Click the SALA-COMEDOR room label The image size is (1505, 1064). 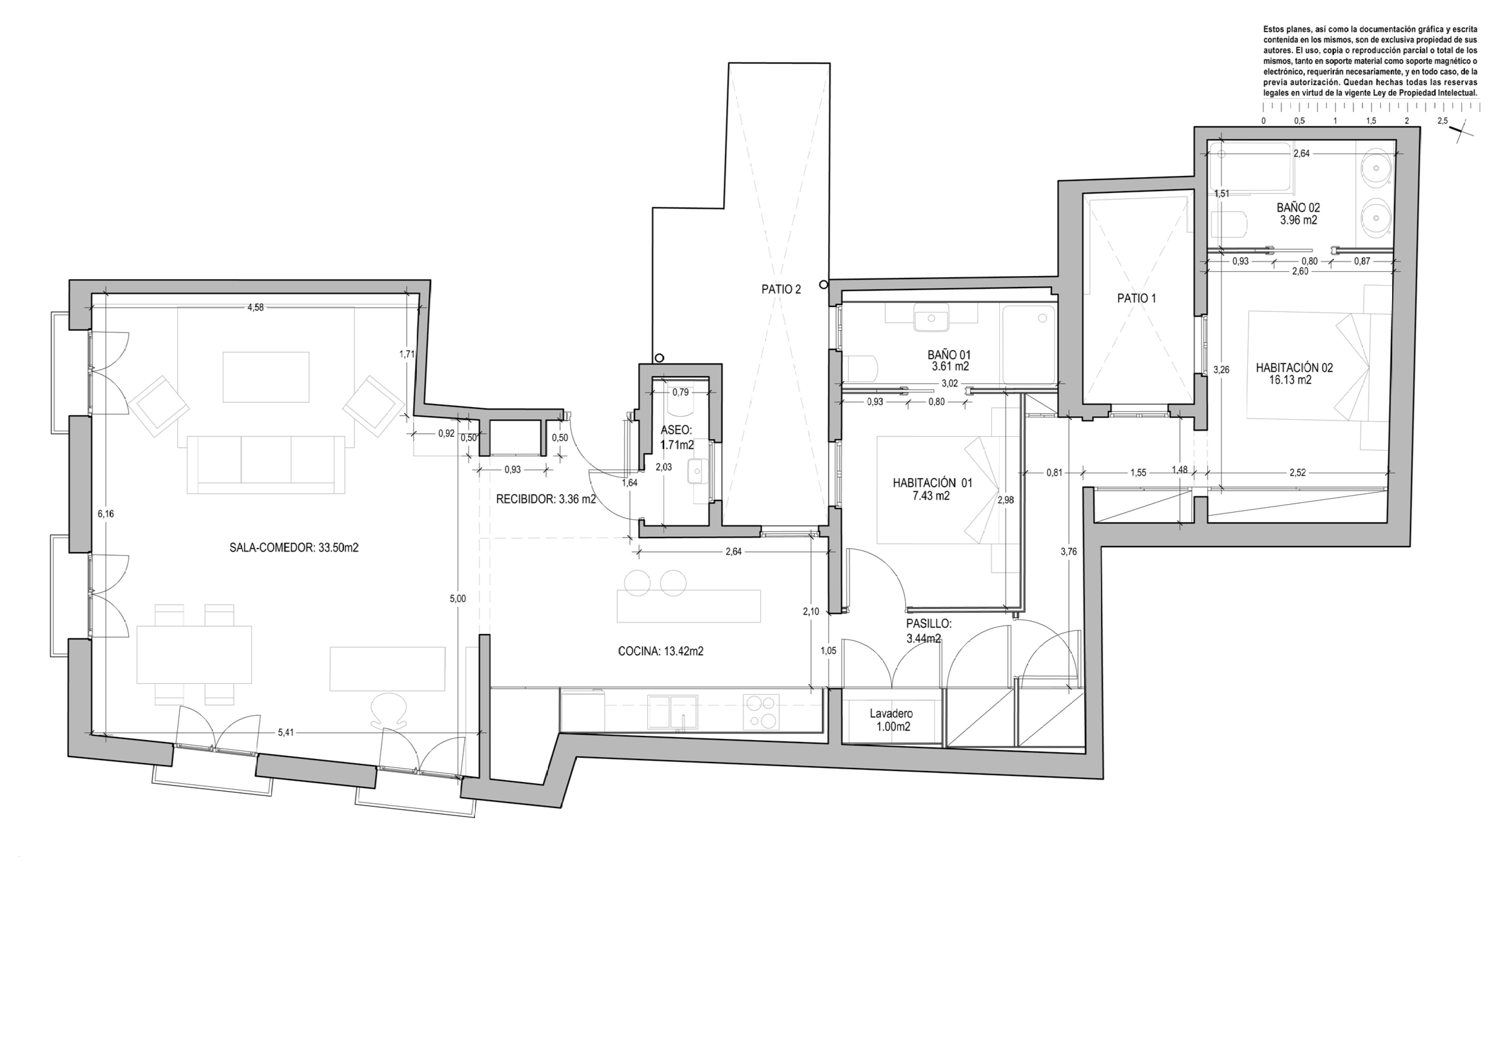click(x=294, y=548)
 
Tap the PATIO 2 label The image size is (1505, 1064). click(x=781, y=289)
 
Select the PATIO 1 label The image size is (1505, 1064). click(x=1137, y=298)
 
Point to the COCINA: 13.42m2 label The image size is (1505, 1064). click(x=661, y=651)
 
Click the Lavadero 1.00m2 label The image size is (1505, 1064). click(x=891, y=720)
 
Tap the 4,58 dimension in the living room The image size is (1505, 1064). click(x=255, y=308)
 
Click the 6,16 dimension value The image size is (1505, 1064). click(x=106, y=514)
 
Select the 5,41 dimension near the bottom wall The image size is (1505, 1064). click(x=286, y=732)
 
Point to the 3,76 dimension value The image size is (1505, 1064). click(x=1068, y=552)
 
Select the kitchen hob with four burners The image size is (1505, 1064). click(x=761, y=712)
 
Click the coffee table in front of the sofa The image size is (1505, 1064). click(x=266, y=377)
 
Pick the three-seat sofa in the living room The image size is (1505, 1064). click(x=266, y=464)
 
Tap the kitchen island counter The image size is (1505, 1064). click(x=689, y=606)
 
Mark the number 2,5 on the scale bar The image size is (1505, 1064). click(x=1442, y=121)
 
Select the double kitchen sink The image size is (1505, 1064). click(x=674, y=712)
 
